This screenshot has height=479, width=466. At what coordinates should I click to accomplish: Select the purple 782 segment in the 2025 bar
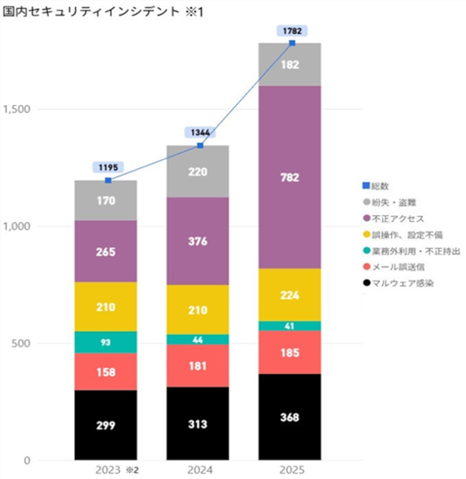click(x=291, y=178)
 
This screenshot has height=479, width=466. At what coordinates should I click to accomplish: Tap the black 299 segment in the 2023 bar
click(x=106, y=425)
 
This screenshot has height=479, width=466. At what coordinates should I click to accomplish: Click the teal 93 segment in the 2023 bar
click(x=106, y=342)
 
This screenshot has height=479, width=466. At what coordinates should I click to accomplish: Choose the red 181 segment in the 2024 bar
click(x=198, y=366)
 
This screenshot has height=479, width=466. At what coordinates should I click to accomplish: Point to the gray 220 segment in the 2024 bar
click(x=198, y=171)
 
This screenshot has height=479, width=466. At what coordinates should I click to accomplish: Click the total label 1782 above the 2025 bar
click(x=291, y=31)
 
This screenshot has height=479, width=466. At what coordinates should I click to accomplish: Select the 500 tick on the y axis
click(x=24, y=343)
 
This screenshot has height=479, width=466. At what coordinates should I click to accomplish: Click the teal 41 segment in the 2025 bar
click(x=291, y=326)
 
